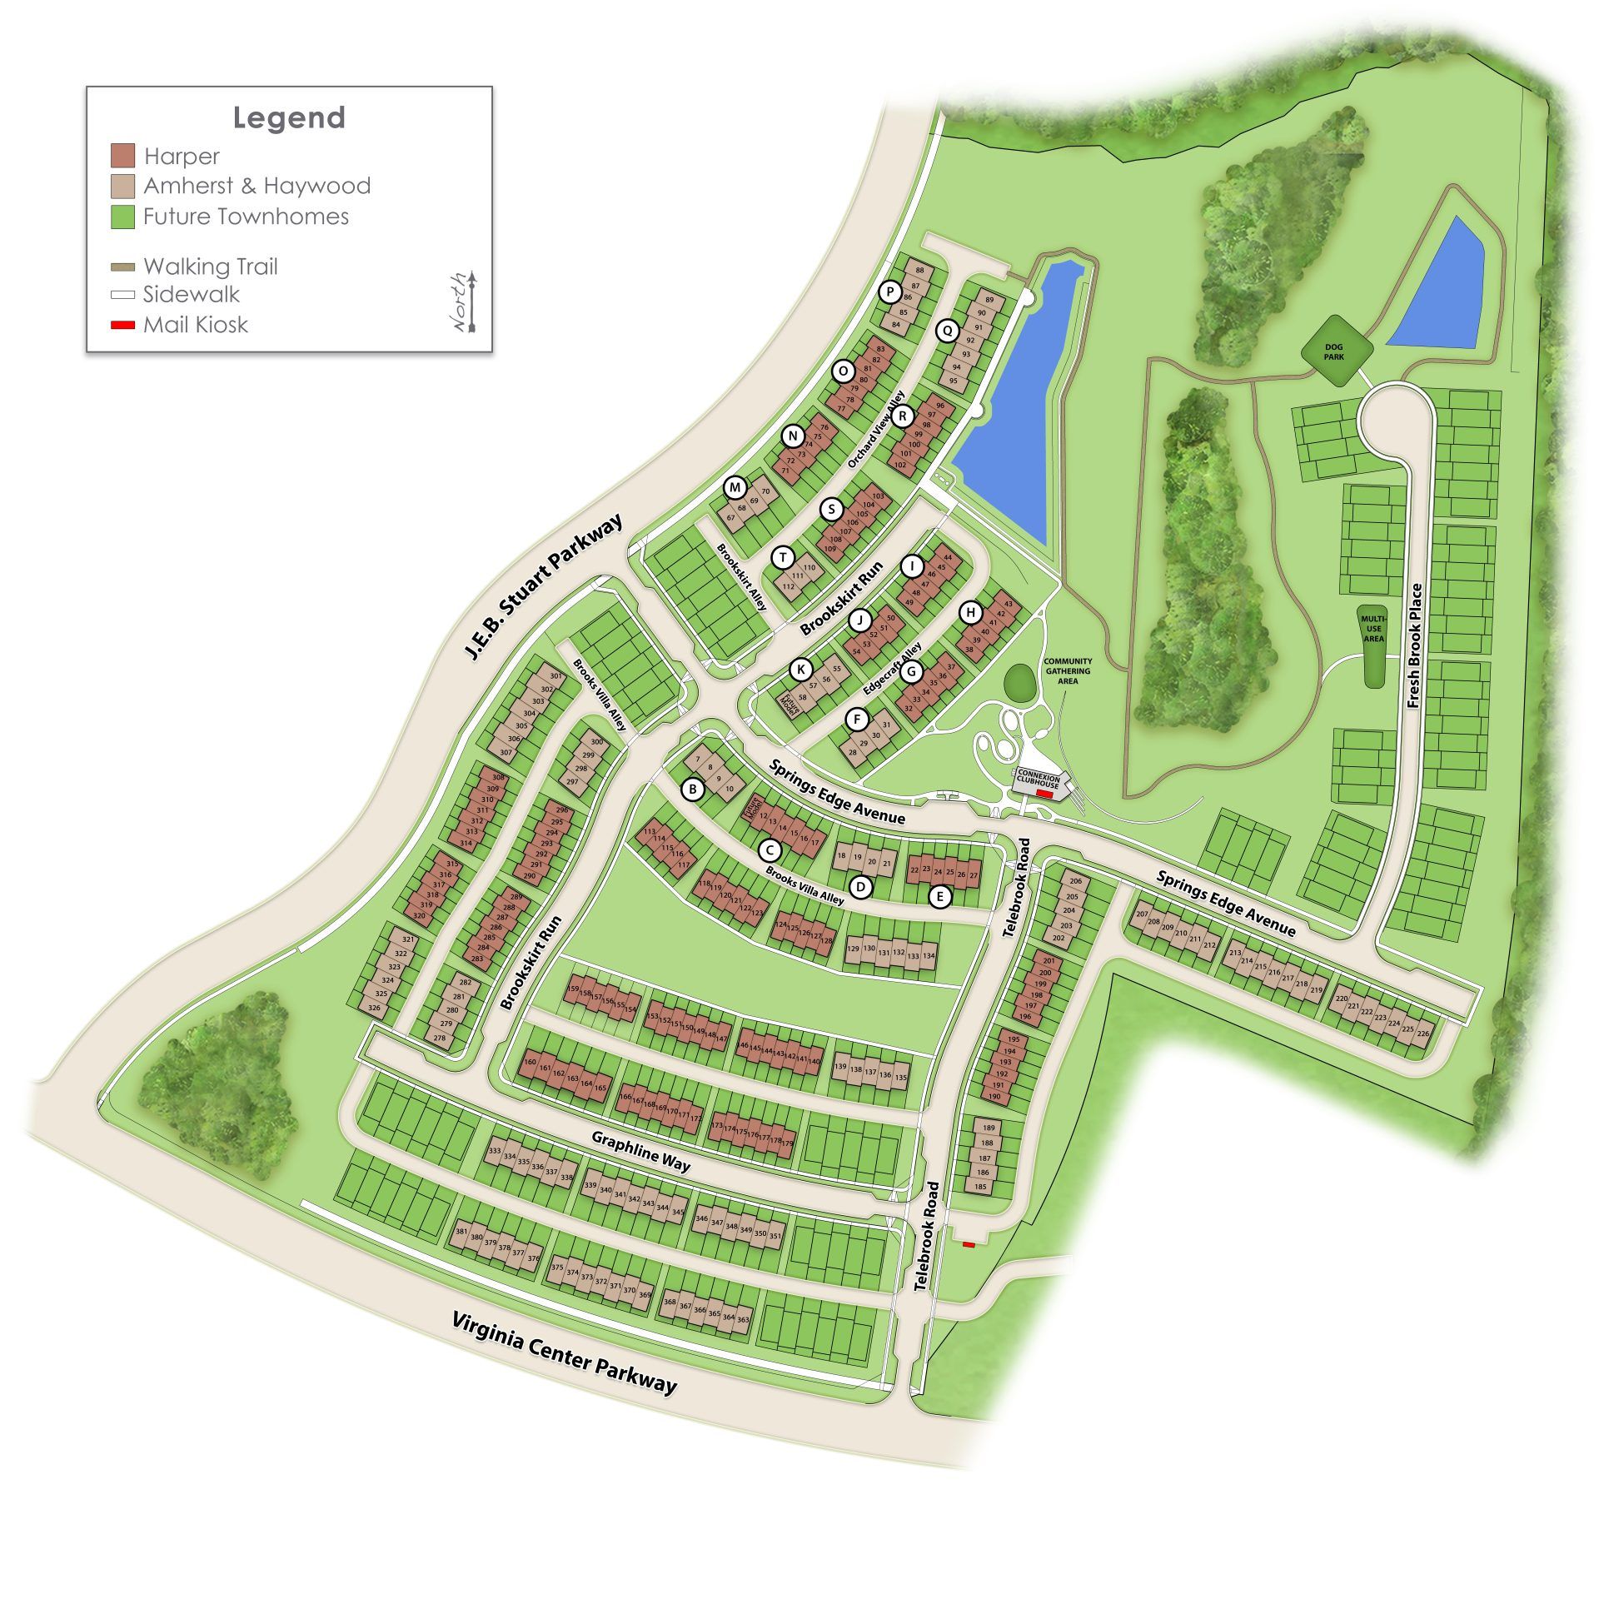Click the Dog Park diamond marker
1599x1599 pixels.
pos(1334,351)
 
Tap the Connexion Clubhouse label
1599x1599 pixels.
pos(1039,781)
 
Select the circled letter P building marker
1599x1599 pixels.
pos(890,291)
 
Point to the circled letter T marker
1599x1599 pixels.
pos(783,557)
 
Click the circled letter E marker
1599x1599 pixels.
pos(940,896)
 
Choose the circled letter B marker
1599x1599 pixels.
pos(692,789)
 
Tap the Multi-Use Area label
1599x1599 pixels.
pos(1373,629)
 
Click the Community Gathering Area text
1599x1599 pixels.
pos(1068,670)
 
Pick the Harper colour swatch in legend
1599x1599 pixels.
pos(122,156)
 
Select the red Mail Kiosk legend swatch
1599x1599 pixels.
pos(122,324)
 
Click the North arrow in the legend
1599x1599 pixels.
pos(471,301)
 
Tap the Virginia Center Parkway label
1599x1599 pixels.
pos(564,1352)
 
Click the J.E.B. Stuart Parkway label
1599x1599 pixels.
pos(543,587)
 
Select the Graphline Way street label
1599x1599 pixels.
pos(640,1150)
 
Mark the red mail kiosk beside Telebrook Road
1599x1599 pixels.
pos(969,1244)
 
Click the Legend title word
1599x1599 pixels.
pos(289,117)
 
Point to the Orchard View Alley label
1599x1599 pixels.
pos(876,429)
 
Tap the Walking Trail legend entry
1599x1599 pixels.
pos(210,266)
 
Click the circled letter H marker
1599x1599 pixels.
pos(970,613)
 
